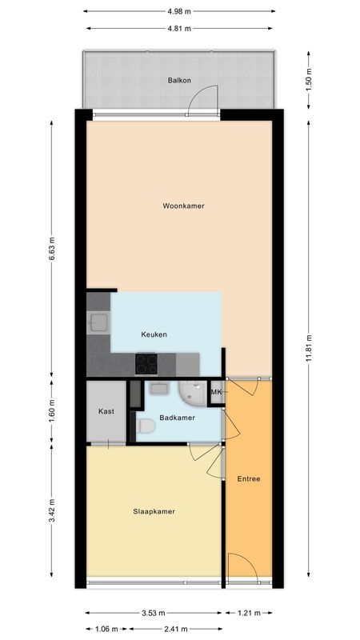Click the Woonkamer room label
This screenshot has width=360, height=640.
tap(183, 206)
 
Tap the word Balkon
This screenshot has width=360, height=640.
tap(178, 81)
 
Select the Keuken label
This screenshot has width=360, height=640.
tap(154, 334)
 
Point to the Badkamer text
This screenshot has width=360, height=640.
tap(177, 418)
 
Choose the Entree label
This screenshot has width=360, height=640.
tap(248, 479)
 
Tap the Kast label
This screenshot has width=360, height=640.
tap(106, 411)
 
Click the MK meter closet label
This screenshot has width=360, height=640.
tap(215, 392)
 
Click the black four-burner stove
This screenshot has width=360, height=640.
tap(146, 363)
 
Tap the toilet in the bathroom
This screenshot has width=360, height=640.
tap(145, 427)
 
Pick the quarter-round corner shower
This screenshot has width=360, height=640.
tap(192, 392)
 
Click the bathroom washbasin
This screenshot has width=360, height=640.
tap(157, 388)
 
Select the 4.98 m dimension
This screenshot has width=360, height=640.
tap(179, 12)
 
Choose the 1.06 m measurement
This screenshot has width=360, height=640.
tap(106, 628)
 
